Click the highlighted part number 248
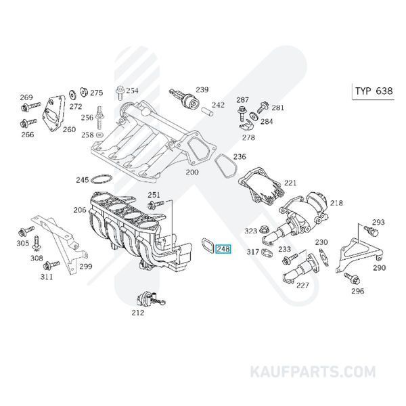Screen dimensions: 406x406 click(223, 249)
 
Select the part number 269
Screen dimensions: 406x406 click(26, 97)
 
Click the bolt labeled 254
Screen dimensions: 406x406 click(120, 91)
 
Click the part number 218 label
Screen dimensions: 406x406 click(336, 202)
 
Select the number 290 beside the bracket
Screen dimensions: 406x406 click(379, 268)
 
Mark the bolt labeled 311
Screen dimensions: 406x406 click(49, 264)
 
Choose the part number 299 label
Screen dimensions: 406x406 click(85, 267)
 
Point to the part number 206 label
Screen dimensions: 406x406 click(80, 210)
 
